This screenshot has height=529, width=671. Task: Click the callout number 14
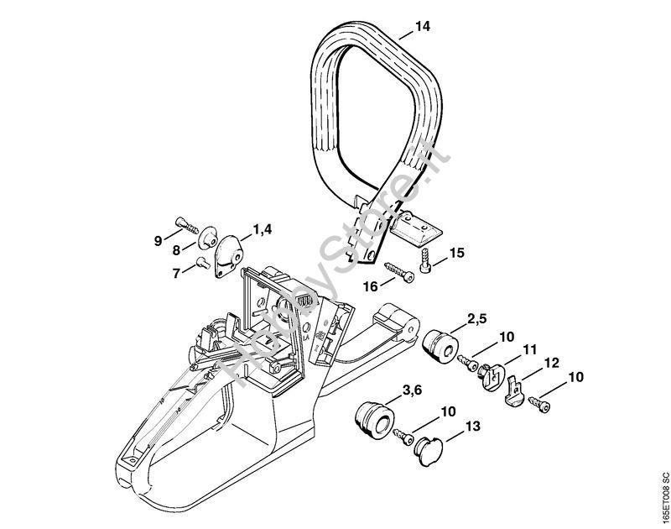tap(422, 27)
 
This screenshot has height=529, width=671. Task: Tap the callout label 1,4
tap(262, 229)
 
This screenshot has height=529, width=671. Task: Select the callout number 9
tap(159, 241)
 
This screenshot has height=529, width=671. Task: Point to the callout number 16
tap(371, 286)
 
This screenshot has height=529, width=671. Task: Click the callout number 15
tap(456, 253)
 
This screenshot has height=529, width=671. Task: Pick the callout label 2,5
tap(476, 319)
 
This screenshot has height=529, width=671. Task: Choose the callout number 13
tap(472, 427)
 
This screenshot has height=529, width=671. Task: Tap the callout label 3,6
tap(413, 390)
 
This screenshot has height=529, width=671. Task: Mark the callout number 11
tap(529, 349)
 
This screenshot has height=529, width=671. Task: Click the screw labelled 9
tap(187, 226)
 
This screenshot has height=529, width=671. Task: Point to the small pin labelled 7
tap(202, 262)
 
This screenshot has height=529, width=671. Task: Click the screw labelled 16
tap(399, 271)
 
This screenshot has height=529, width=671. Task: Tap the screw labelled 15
tap(426, 259)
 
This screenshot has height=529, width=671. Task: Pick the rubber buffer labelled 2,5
tap(440, 346)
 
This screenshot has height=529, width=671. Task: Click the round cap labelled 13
tap(428, 451)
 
